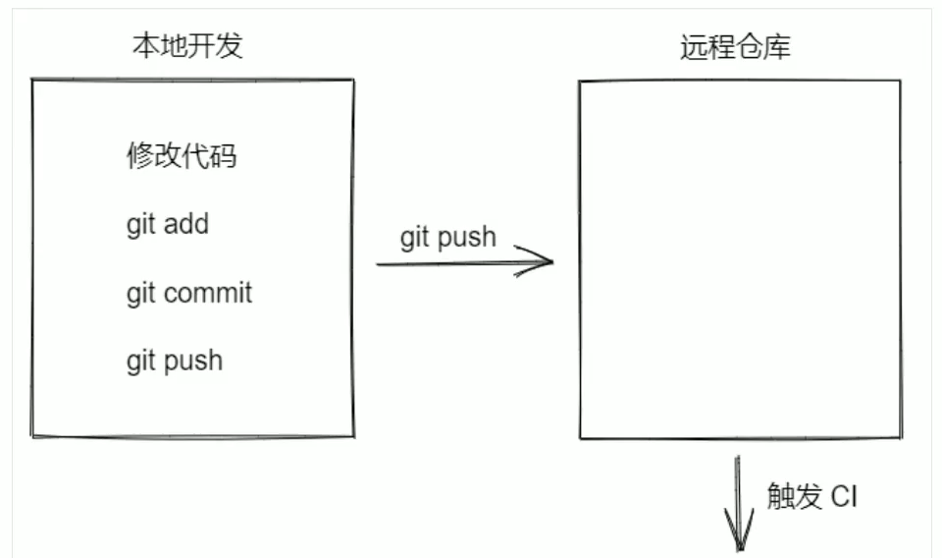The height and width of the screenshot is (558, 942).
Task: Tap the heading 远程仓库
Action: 735,47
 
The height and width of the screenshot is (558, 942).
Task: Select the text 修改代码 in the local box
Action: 182,155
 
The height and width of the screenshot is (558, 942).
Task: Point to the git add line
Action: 167,224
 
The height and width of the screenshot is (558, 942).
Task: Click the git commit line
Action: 188,293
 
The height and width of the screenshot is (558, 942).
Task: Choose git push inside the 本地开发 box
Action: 174,361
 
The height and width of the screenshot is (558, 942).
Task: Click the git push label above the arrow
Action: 447,237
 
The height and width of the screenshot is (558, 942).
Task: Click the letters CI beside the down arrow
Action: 844,496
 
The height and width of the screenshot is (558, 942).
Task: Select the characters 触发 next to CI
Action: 794,496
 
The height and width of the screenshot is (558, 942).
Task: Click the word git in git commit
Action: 139,294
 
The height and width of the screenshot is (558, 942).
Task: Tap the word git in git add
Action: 139,225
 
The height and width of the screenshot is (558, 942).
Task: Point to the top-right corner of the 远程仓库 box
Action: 900,81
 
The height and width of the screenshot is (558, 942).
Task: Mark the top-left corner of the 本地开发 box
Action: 33,81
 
